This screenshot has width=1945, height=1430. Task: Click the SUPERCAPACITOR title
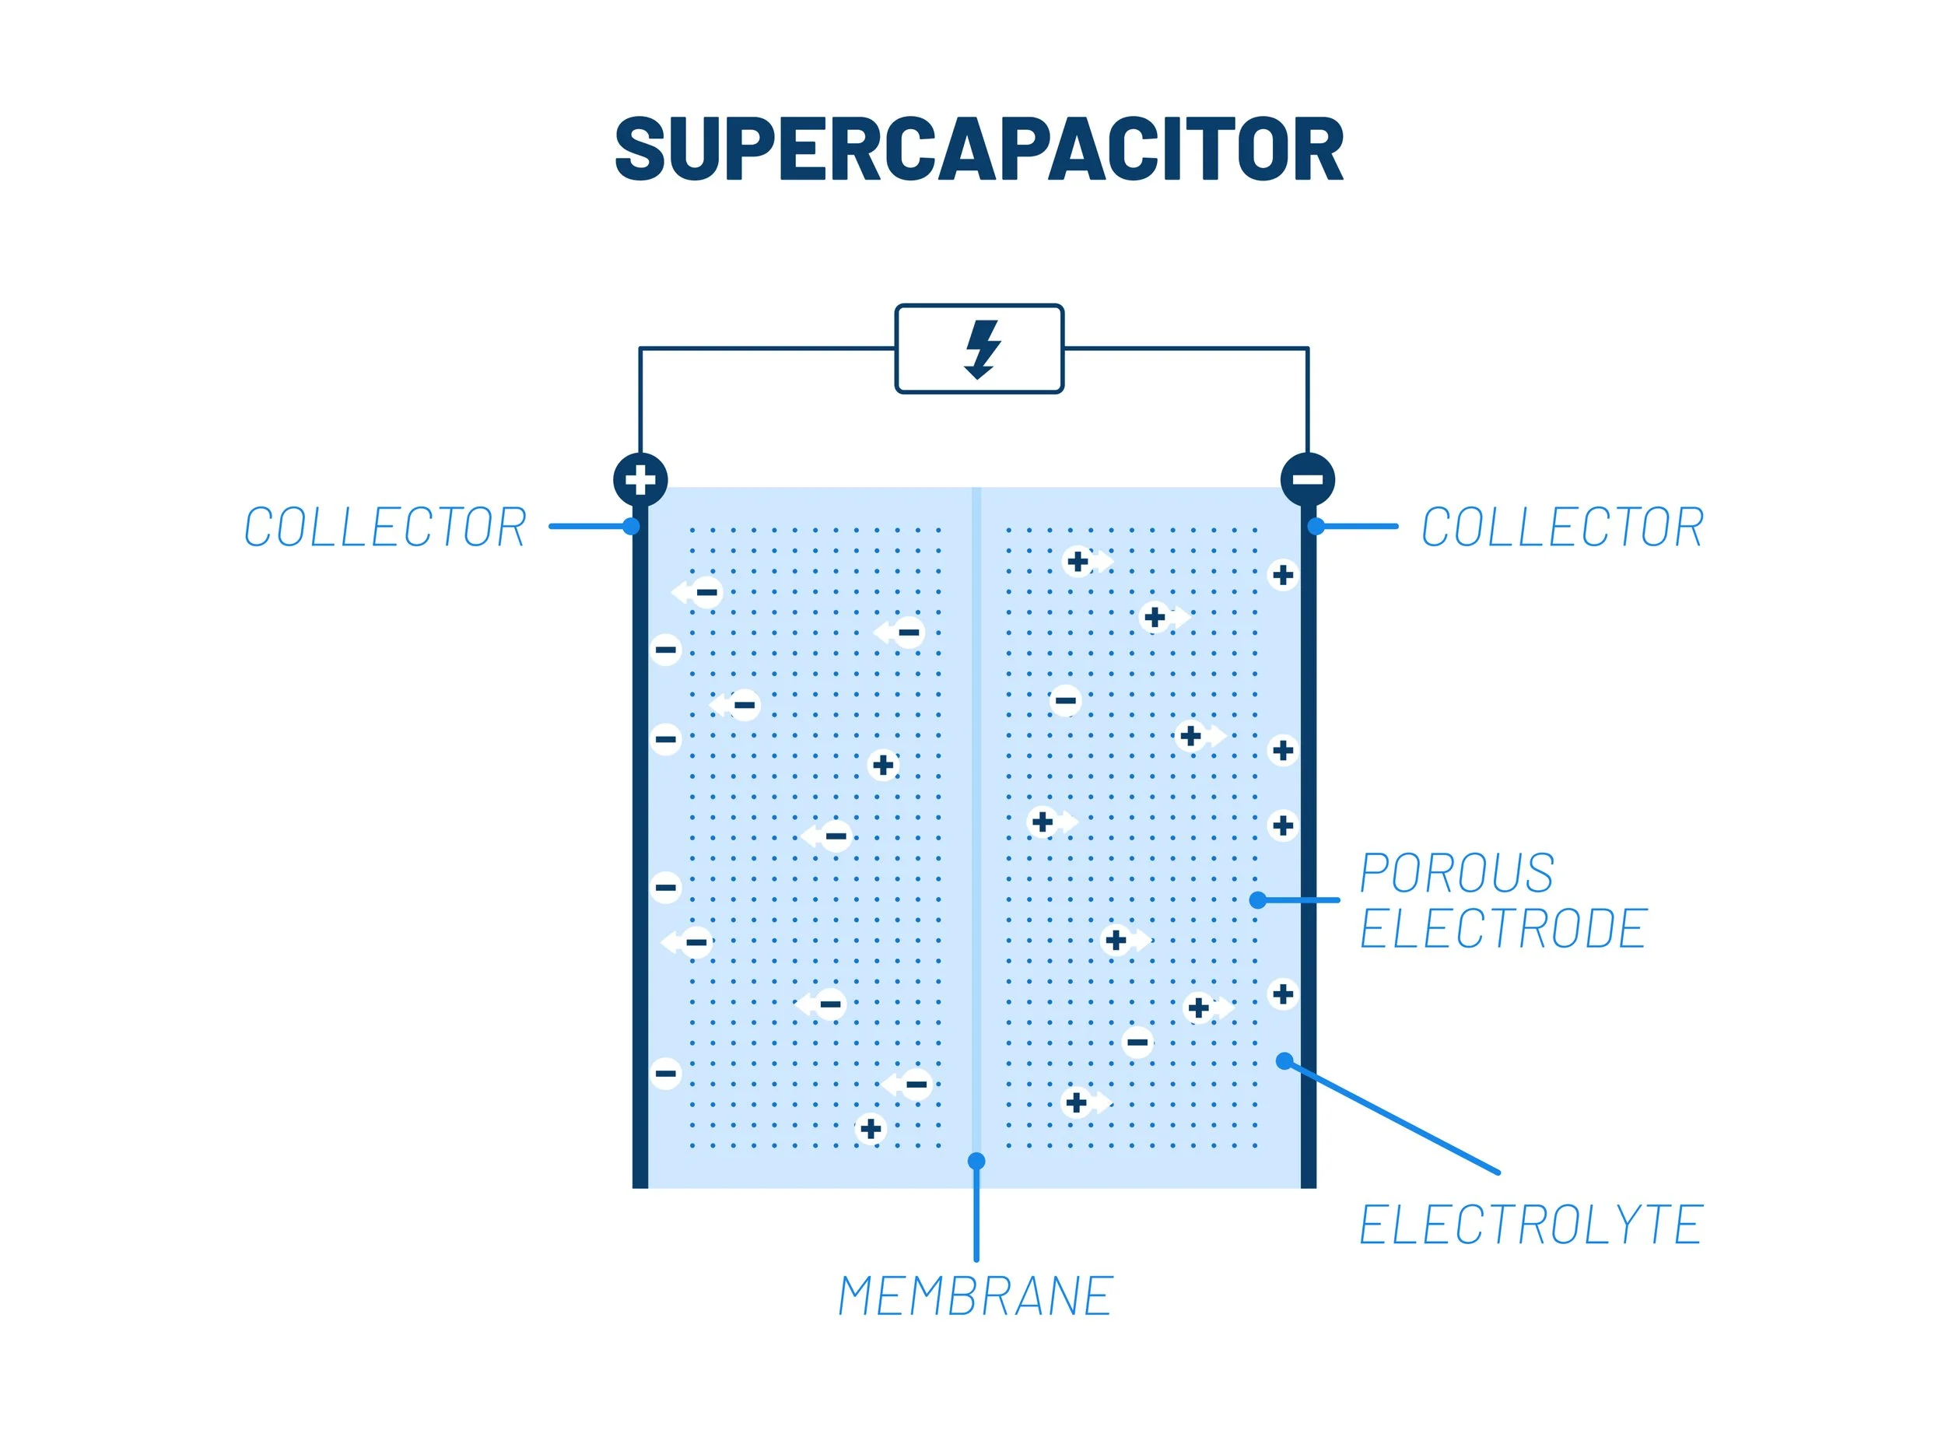[x=978, y=149]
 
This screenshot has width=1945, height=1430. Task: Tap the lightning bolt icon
[x=982, y=349]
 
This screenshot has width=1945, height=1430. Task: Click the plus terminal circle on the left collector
[x=640, y=478]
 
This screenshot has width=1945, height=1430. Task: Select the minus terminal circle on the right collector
[x=1307, y=478]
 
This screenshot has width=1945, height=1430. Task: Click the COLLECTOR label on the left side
[x=385, y=527]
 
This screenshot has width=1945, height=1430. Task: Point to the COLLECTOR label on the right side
[x=1561, y=527]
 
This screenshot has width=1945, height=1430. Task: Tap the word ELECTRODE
[x=1502, y=929]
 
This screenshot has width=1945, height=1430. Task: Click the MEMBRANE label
[x=976, y=1297]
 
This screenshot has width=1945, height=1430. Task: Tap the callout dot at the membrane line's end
[x=976, y=1161]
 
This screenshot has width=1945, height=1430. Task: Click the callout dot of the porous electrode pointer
[x=1258, y=900]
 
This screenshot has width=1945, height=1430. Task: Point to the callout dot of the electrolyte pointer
[x=1284, y=1061]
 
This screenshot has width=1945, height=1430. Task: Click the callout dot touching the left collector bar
[x=631, y=526]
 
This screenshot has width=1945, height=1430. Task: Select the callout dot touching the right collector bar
[x=1316, y=526]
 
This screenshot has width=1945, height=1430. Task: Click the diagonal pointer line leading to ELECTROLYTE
[x=1393, y=1117]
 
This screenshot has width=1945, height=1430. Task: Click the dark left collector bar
[x=640, y=866]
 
